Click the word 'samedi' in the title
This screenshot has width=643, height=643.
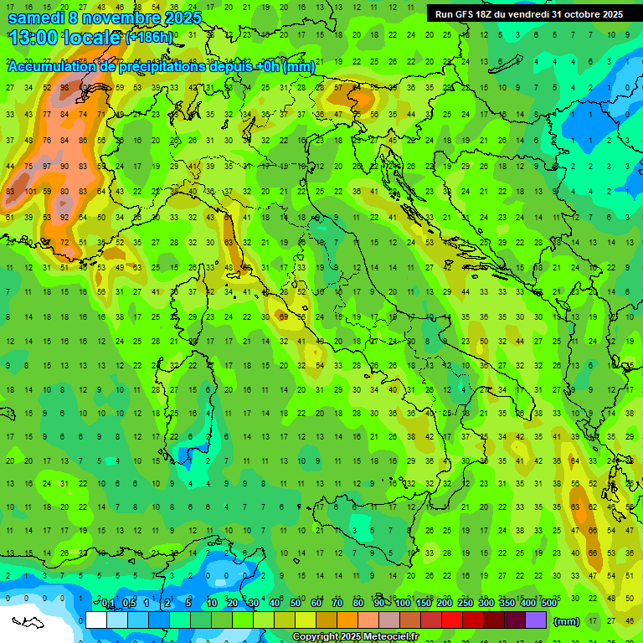36,18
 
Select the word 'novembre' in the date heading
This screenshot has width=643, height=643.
119,18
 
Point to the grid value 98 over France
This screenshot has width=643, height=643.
64,88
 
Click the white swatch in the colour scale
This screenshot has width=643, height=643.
96,620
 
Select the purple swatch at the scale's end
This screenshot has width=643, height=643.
536,620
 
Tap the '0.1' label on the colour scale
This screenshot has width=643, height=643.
108,604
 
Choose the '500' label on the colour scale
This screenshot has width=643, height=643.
549,604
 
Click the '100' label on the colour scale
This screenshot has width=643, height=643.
403,604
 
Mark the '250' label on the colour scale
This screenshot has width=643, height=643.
466,604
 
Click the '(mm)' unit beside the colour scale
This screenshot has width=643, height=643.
567,621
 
